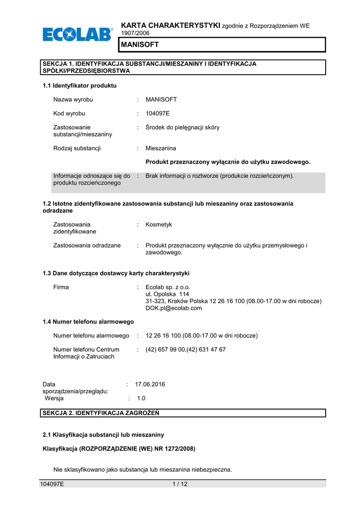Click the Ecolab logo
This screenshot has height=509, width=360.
(x=78, y=35)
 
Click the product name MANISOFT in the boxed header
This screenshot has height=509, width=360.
(x=140, y=45)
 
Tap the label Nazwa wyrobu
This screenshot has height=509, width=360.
(x=73, y=99)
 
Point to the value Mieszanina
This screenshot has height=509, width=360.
(x=161, y=148)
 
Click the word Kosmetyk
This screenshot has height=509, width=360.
(x=159, y=225)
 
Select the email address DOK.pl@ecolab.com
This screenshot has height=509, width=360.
(x=174, y=308)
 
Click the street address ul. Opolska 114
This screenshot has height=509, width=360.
(x=167, y=294)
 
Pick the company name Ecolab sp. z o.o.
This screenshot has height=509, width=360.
(x=168, y=287)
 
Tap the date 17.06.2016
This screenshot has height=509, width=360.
(x=150, y=384)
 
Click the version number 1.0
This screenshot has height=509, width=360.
(x=141, y=398)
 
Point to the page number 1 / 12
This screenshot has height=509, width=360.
(x=180, y=485)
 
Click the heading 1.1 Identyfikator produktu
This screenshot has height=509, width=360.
(x=80, y=85)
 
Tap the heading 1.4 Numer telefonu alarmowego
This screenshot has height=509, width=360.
(x=88, y=322)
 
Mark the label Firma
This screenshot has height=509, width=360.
(x=61, y=287)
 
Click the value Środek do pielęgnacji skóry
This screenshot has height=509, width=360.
(x=182, y=127)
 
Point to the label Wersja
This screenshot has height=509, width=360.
(x=54, y=398)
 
